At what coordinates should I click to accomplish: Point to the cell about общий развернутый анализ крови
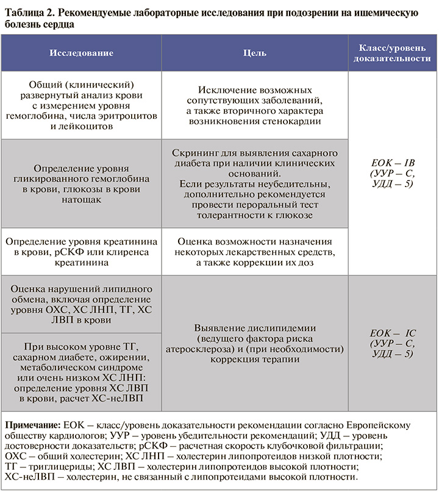81,105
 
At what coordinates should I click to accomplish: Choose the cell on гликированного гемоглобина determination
81,183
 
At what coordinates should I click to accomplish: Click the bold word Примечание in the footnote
32,425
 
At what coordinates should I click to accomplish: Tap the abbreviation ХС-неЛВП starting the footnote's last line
27,477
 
